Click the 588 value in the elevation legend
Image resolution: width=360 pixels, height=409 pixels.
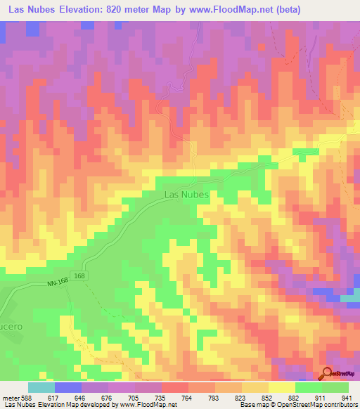click(26, 398)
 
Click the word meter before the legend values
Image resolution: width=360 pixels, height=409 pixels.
click(10, 398)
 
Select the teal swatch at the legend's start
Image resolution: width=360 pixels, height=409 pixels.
click(41, 387)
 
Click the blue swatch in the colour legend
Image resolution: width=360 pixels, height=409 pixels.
click(68, 387)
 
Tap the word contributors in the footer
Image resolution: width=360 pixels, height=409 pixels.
click(338, 405)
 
